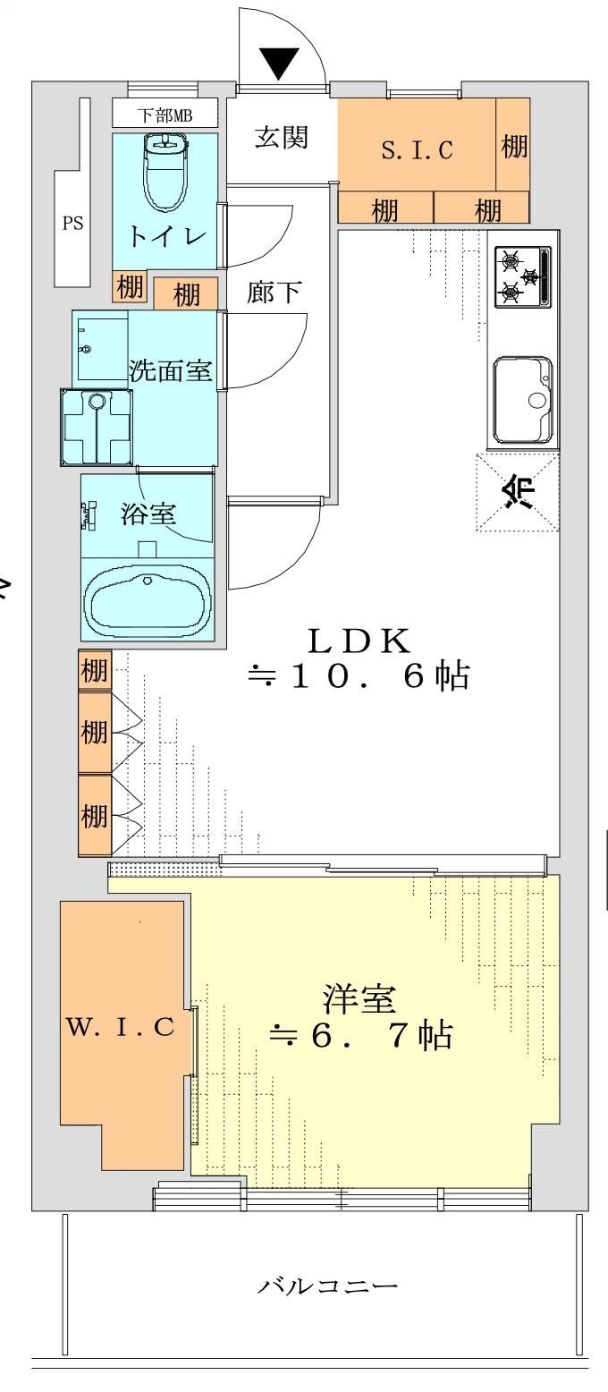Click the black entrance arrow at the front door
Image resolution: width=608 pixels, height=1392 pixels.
pos(279,62)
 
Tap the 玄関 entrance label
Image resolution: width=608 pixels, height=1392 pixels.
pos(282,138)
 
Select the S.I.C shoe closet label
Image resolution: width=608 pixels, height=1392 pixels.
pos(417,149)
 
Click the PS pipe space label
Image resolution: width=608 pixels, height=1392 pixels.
pos(72,223)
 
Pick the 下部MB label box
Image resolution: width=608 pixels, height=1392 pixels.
pos(165,115)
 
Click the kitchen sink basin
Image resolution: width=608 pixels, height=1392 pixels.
pos(523,401)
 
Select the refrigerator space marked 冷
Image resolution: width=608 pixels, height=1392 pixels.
pos(518,492)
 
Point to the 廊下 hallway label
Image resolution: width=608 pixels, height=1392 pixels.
pos(274,292)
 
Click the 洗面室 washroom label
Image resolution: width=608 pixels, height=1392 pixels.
pos(170,370)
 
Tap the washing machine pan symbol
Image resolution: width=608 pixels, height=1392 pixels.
pos(97,428)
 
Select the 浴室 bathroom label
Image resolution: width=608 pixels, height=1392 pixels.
pos(148,514)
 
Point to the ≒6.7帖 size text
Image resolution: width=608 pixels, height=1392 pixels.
pos(361,1035)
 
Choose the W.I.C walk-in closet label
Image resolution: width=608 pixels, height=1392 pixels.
pos(121,1027)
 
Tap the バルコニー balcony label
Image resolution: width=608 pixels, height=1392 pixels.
pos(326,1286)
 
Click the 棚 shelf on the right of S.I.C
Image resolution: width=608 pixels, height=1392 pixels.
pos(513,147)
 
